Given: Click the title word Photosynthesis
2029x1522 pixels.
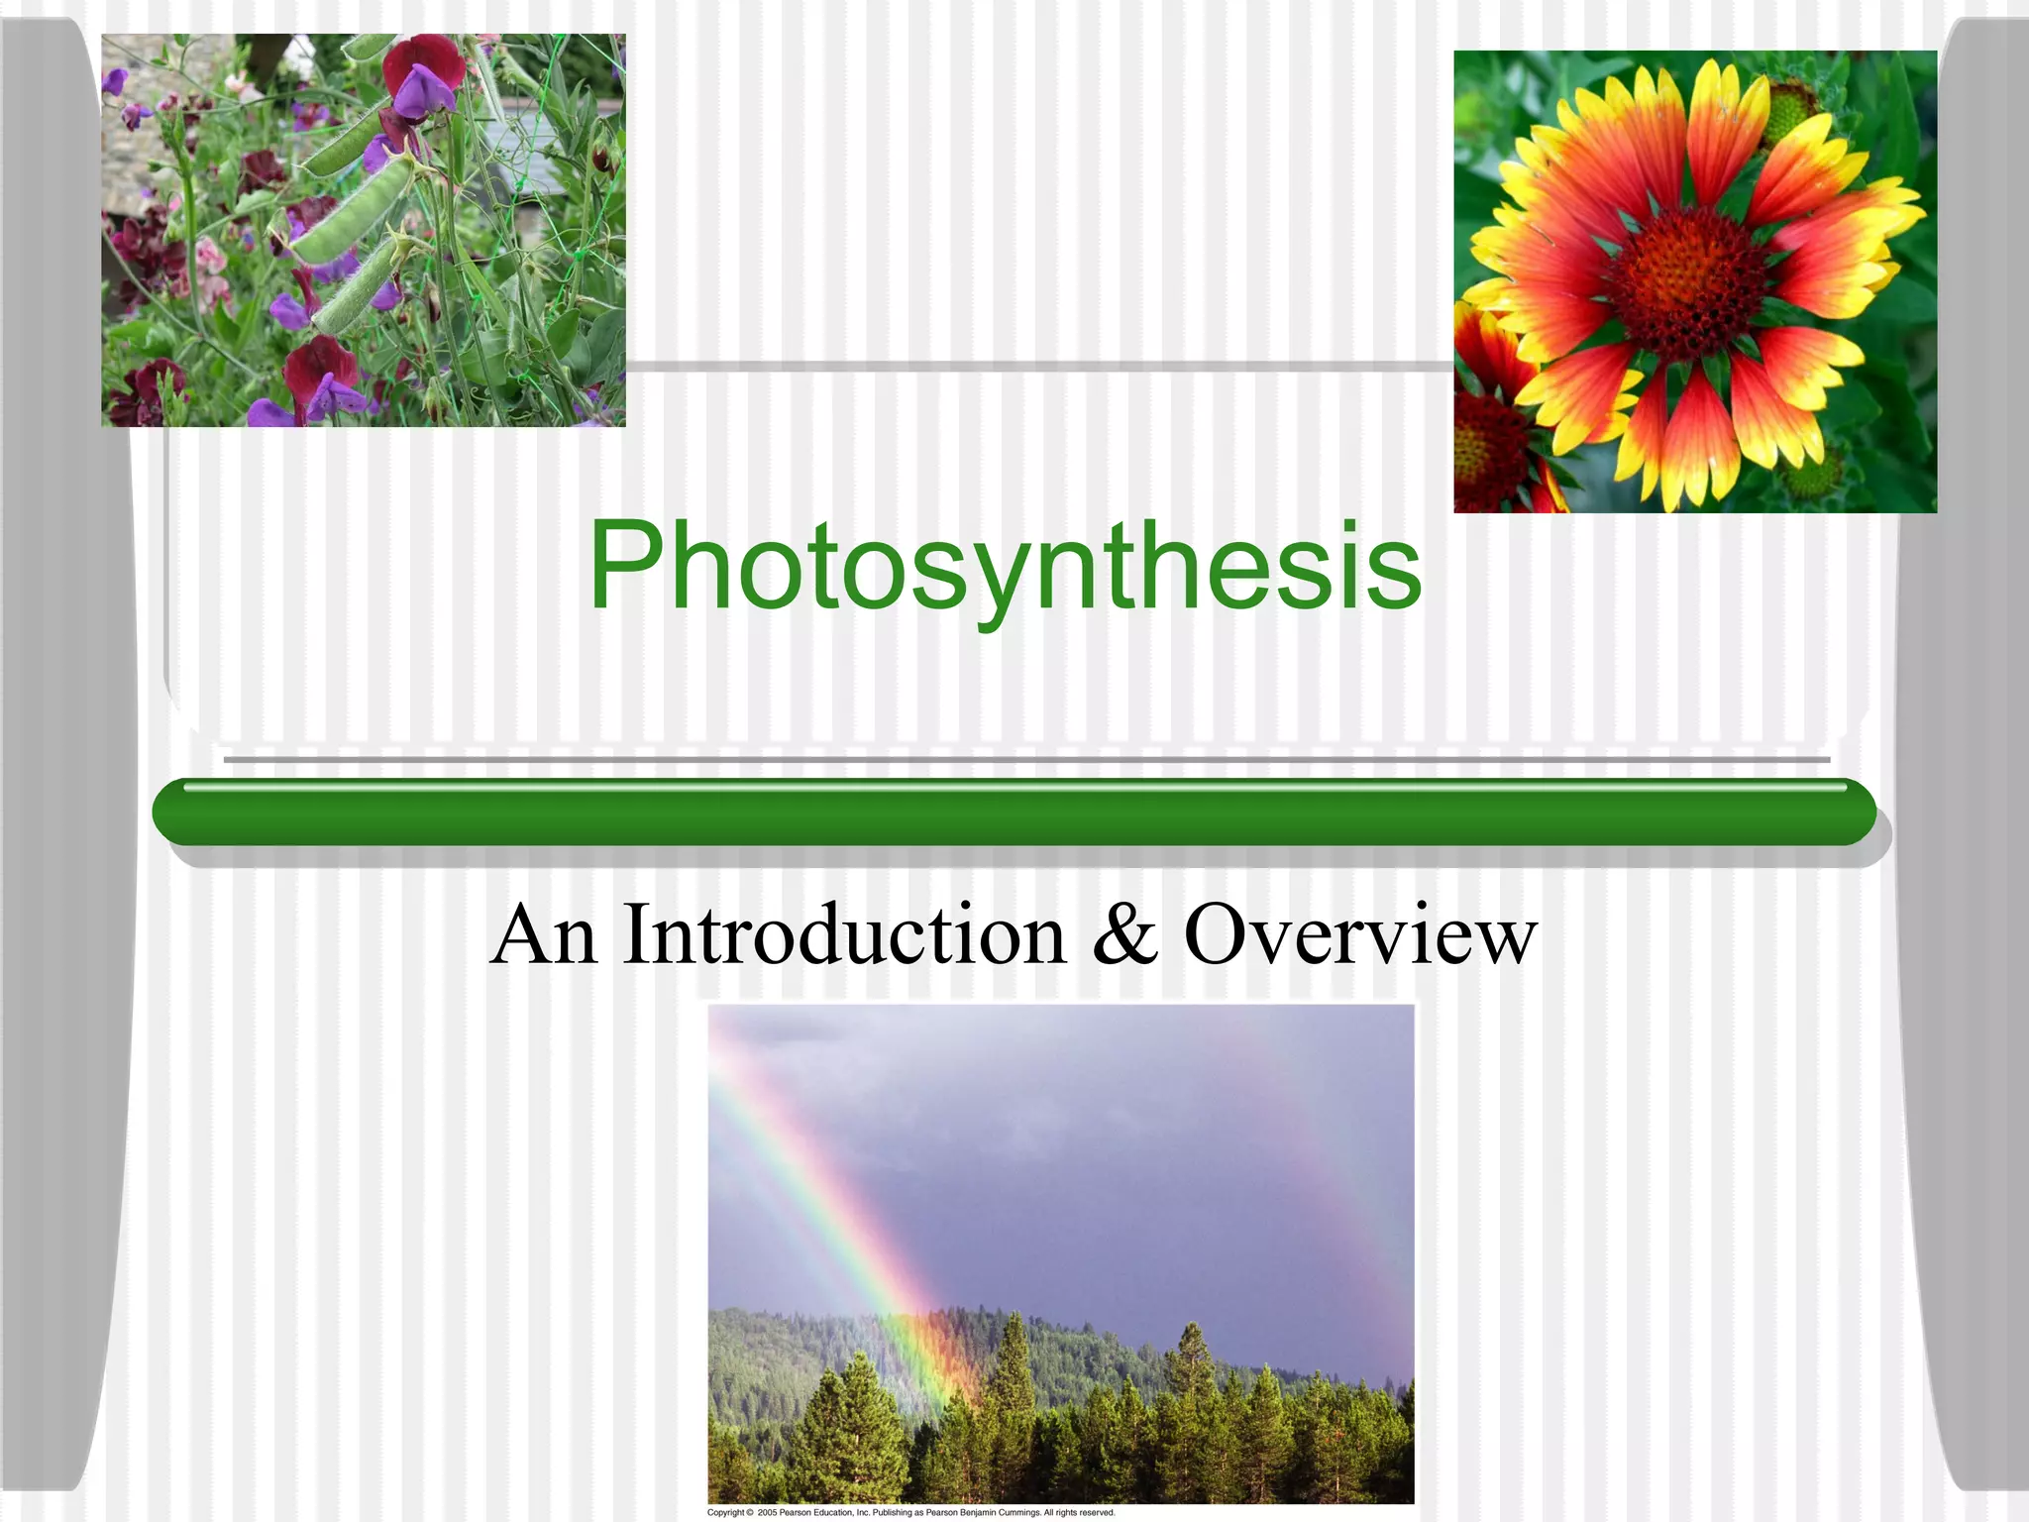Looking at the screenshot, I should coord(1005,567).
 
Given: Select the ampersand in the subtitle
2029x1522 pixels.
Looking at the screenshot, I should coord(1125,935).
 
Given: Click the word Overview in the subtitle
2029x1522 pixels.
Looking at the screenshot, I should coord(1360,935).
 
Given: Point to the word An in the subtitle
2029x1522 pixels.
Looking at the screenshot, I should coord(544,935).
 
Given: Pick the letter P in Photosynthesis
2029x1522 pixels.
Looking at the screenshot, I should coord(624,567).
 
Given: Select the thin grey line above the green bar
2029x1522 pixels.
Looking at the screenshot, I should coord(1026,760).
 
